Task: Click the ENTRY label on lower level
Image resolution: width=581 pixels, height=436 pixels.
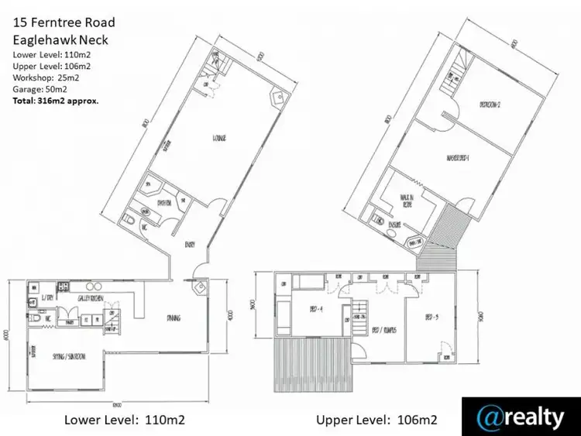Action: (191, 245)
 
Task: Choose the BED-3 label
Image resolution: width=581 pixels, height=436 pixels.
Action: (432, 317)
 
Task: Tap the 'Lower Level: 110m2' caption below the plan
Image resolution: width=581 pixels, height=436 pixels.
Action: (125, 420)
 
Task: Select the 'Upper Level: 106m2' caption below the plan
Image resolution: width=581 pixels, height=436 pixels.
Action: (376, 420)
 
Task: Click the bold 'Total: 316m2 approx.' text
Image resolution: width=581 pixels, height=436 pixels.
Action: (55, 98)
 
